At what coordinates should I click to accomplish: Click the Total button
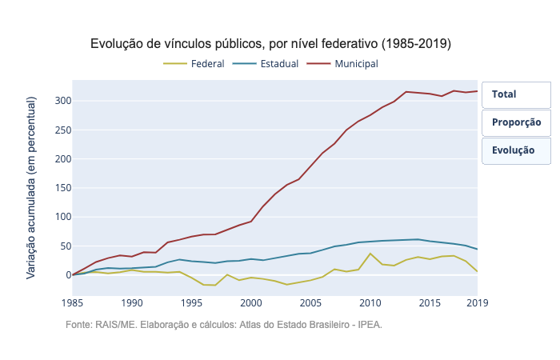click(516, 94)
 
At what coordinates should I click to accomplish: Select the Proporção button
click(516, 122)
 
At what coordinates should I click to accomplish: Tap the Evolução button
click(516, 150)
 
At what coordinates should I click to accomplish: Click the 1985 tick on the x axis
click(72, 303)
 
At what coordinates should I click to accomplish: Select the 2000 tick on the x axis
click(251, 303)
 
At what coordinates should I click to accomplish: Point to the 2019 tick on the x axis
click(478, 303)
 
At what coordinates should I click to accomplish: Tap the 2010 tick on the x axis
click(370, 303)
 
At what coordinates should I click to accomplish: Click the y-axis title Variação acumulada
click(31, 187)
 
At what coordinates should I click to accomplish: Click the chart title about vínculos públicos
click(270, 43)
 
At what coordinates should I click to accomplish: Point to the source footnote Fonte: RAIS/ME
click(224, 325)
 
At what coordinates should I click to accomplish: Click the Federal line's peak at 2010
click(370, 254)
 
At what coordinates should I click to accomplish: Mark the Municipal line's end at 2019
click(478, 91)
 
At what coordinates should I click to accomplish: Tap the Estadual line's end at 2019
click(478, 249)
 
